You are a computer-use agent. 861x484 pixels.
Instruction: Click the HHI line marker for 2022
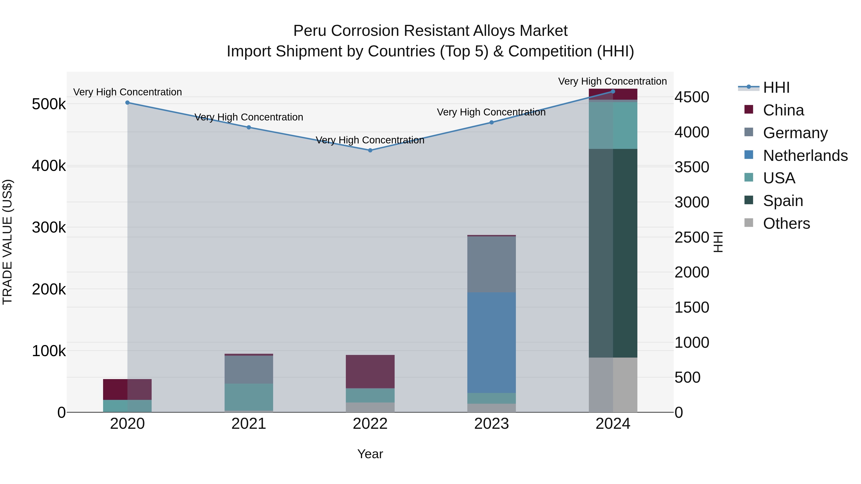click(x=370, y=150)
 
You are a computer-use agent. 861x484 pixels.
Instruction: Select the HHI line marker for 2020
click(x=127, y=103)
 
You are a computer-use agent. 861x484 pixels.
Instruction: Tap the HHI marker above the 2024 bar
click(x=613, y=91)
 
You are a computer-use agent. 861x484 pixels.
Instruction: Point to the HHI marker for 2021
click(x=249, y=127)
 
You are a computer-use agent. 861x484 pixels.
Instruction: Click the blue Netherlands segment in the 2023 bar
click(x=491, y=342)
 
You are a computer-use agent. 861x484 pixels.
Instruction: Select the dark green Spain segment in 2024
click(x=613, y=253)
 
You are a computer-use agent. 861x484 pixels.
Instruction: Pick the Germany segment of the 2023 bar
click(x=491, y=264)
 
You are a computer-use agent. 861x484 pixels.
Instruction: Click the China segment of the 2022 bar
click(x=370, y=371)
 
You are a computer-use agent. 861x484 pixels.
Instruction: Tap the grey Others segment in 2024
click(x=613, y=385)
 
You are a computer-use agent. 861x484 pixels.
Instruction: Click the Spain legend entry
click(x=783, y=201)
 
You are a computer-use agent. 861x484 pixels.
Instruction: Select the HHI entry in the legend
click(x=776, y=87)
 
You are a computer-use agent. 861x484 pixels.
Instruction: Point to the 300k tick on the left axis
click(x=49, y=228)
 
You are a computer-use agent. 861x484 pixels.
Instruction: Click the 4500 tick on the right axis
click(x=691, y=97)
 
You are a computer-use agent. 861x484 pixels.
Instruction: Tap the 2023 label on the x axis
click(x=491, y=424)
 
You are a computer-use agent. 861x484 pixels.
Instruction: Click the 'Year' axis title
click(x=370, y=454)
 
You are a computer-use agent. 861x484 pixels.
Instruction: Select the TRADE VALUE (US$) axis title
click(x=7, y=242)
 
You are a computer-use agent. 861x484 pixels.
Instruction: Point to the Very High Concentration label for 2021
click(x=249, y=117)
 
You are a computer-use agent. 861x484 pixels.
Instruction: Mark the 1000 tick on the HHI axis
click(x=691, y=342)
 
